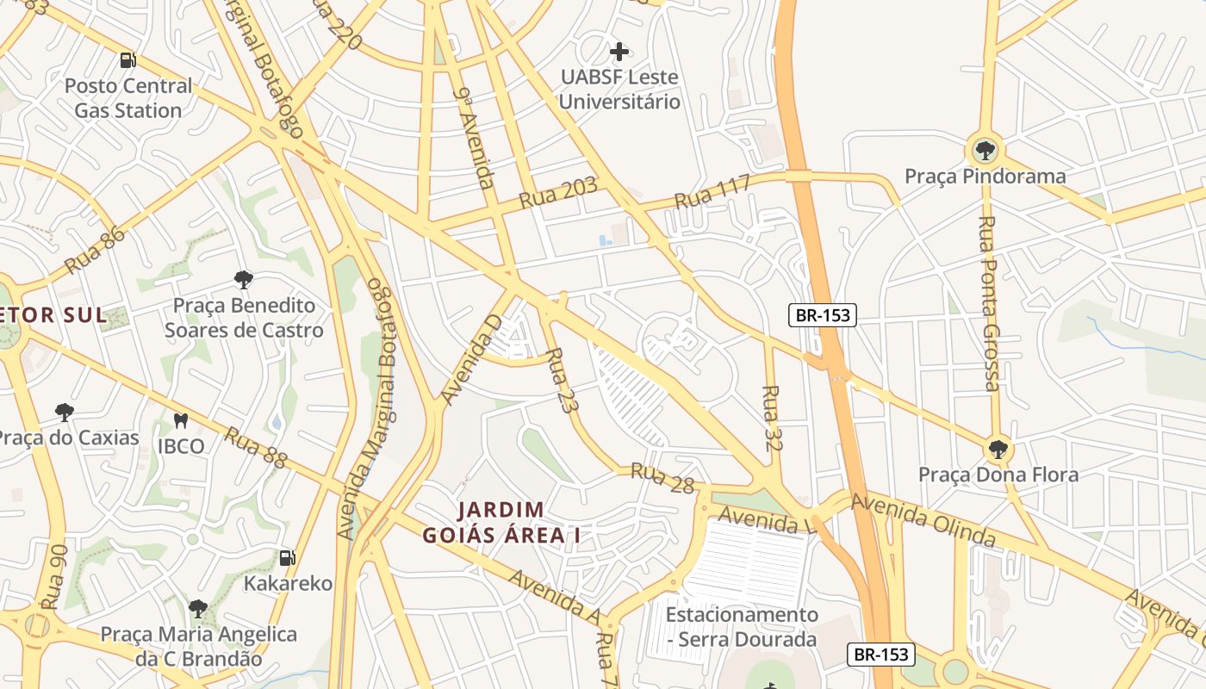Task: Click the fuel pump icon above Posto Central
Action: pos(127,60)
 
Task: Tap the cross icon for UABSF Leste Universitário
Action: pos(619,52)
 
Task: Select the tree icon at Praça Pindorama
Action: pos(985,151)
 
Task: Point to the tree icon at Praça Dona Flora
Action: pos(998,449)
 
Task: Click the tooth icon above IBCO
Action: pos(181,421)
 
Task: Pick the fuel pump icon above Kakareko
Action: pos(288,558)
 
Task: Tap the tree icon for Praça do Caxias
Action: pos(65,412)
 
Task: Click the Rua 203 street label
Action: pos(558,195)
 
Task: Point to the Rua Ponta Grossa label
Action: pos(989,303)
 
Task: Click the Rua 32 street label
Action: pos(771,419)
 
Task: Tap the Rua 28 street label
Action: pos(662,478)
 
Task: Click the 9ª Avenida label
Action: pos(475,138)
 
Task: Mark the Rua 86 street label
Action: pos(95,248)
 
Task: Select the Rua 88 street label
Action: pos(255,448)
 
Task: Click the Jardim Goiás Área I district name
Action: pos(500,522)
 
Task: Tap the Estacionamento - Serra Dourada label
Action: pos(742,627)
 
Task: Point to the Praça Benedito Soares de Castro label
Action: pos(244,318)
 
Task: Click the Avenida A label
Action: pos(554,596)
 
